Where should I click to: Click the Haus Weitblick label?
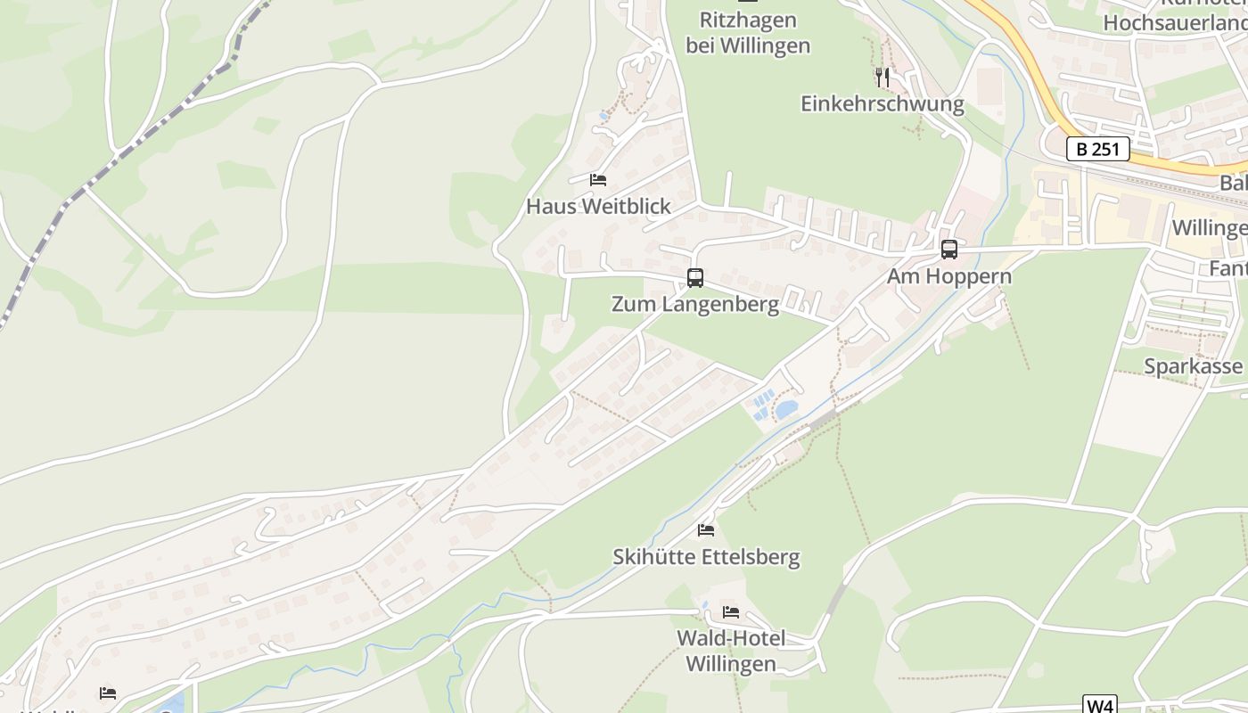(x=598, y=206)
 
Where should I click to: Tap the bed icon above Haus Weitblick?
(x=598, y=180)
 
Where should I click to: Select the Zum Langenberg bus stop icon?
(x=695, y=278)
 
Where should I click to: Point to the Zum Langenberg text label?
(x=695, y=304)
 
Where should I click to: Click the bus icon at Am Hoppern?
(x=949, y=250)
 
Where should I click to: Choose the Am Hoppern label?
(x=949, y=276)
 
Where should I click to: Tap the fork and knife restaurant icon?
(x=883, y=78)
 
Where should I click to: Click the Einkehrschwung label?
(x=883, y=104)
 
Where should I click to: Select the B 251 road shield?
(x=1098, y=149)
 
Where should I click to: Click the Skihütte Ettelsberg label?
(x=706, y=557)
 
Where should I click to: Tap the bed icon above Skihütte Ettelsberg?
(x=706, y=530)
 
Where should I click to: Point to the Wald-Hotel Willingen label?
(x=731, y=652)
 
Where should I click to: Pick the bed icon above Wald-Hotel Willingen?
(x=731, y=611)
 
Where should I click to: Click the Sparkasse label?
(x=1193, y=366)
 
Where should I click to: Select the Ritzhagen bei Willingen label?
(x=748, y=33)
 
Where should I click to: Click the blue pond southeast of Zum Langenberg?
(x=786, y=409)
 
